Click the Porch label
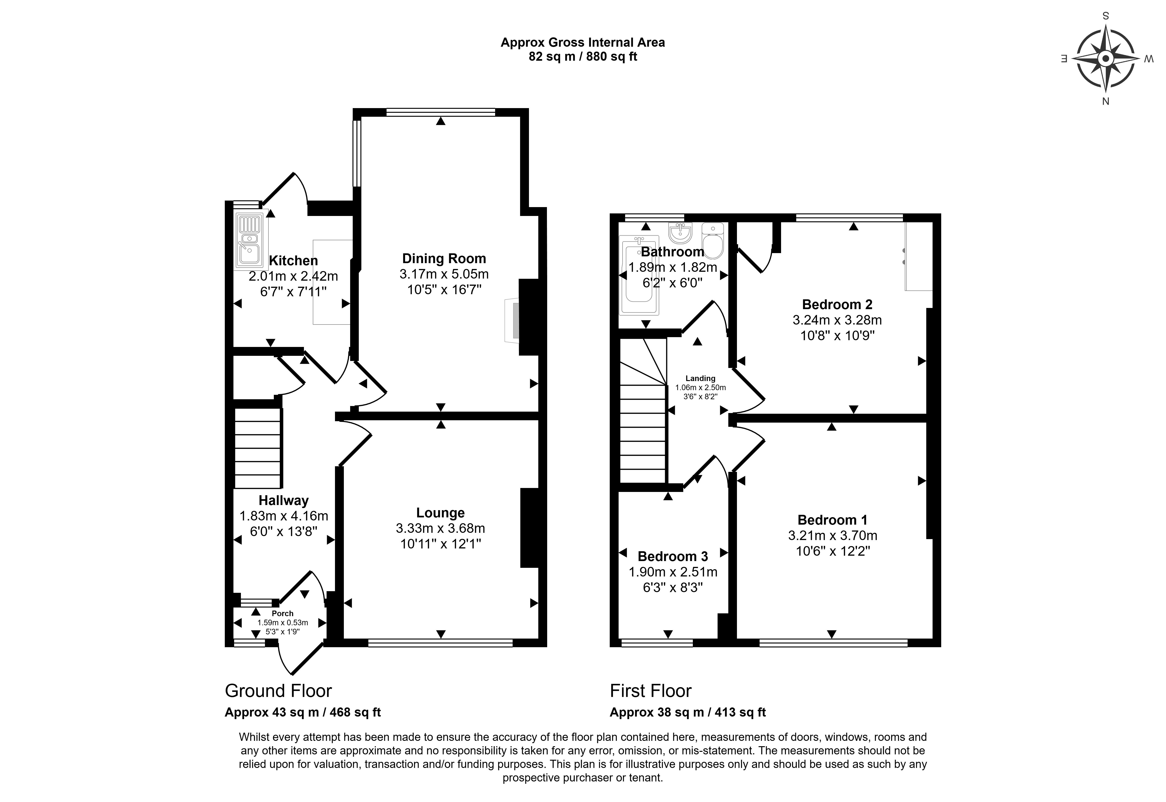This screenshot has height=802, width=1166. [282, 614]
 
